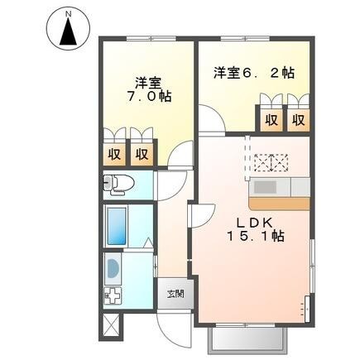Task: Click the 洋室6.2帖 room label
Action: point(253,72)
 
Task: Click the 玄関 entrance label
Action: point(175,293)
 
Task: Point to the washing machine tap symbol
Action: point(110,296)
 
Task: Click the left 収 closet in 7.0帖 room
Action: point(116,153)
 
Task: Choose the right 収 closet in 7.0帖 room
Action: point(142,153)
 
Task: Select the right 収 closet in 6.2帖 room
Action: point(296,118)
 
